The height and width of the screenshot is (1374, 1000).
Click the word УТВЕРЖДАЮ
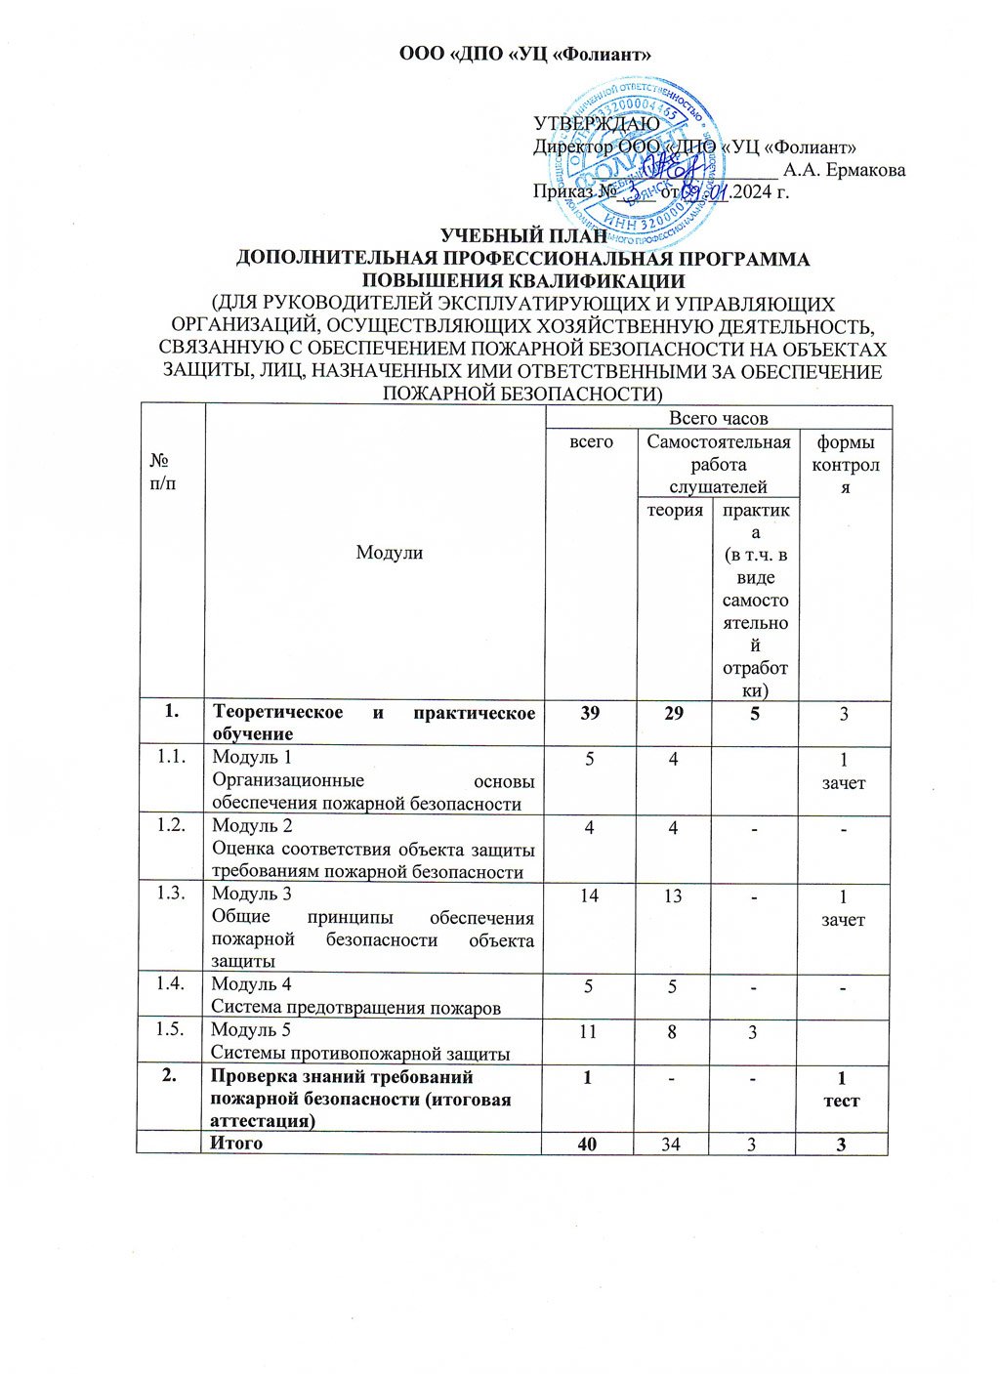click(x=596, y=124)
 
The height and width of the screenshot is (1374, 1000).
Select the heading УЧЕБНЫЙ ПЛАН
click(x=523, y=236)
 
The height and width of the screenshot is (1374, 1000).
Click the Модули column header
click(x=389, y=553)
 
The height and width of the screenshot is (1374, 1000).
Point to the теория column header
click(x=676, y=510)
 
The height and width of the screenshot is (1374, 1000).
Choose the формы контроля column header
click(x=845, y=465)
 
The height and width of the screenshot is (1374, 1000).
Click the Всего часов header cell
click(x=718, y=418)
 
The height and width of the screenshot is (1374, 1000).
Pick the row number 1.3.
click(x=171, y=894)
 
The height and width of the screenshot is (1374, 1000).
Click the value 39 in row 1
click(x=590, y=714)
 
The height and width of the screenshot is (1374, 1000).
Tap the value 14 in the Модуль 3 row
click(x=589, y=895)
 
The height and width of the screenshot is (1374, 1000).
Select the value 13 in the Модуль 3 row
click(x=673, y=895)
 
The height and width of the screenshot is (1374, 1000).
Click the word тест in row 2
click(x=842, y=1101)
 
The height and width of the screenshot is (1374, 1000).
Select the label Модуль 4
click(x=251, y=984)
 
